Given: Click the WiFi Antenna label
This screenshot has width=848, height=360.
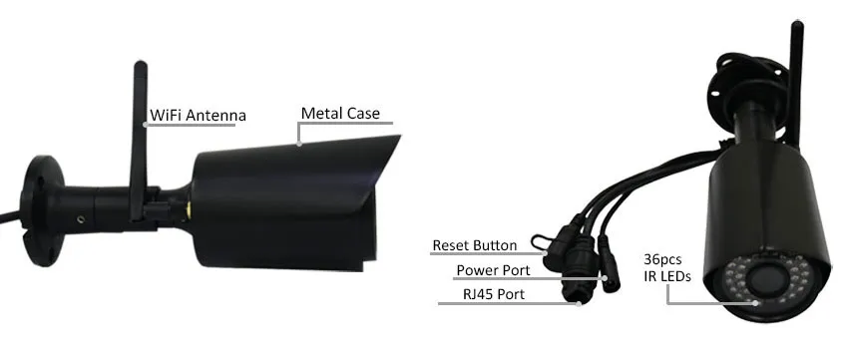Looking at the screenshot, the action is point(198,116).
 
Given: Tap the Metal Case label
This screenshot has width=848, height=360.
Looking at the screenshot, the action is point(340,114).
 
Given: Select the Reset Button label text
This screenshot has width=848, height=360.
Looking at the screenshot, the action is point(474,245).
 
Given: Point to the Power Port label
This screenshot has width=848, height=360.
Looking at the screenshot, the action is point(493,269).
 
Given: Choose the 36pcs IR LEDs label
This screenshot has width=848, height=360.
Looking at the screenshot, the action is point(661,269).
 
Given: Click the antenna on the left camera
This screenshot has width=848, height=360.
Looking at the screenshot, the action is point(139,150).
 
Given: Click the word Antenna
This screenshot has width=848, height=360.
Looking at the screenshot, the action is point(216,116).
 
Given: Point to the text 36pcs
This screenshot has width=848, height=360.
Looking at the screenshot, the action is point(661,259).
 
